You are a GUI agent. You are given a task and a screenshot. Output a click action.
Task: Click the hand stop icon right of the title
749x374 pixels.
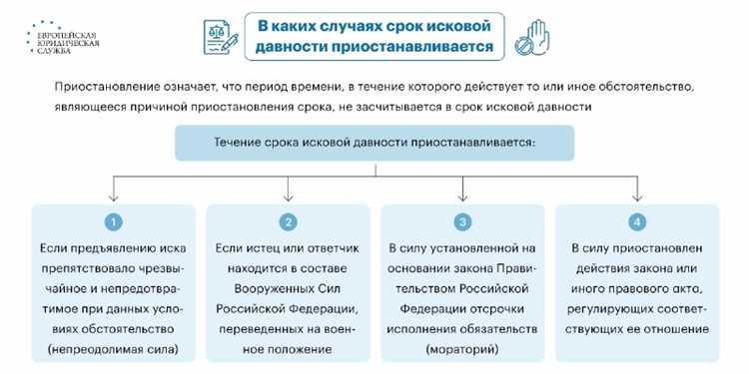530,39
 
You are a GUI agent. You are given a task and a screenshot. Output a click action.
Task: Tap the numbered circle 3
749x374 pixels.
461,221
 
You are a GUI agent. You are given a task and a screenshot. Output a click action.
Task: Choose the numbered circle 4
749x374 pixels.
636,221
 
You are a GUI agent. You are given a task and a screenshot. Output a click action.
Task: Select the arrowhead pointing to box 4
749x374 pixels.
636,195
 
